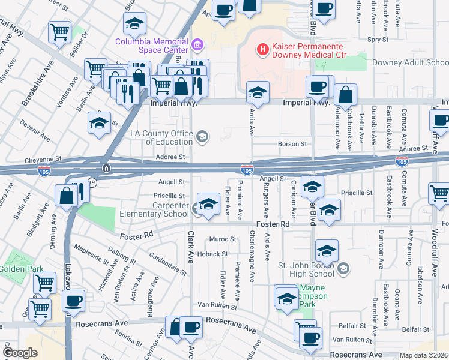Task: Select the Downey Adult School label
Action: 410,62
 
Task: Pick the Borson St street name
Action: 292,144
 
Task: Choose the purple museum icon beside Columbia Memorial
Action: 197,44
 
